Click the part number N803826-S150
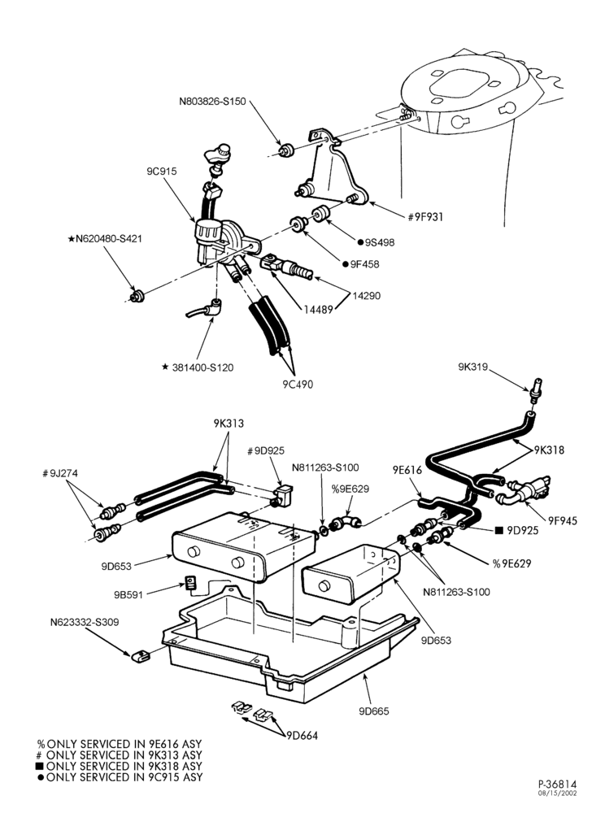(x=212, y=102)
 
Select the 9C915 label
(x=162, y=171)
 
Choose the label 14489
(x=318, y=310)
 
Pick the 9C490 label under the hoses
(x=298, y=385)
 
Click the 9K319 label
(x=473, y=367)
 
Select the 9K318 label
(x=550, y=450)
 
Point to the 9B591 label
(x=128, y=595)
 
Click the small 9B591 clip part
(x=191, y=583)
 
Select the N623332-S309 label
(x=85, y=622)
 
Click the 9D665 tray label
(x=374, y=711)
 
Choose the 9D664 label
(x=302, y=735)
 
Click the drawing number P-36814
(x=557, y=784)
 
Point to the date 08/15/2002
(x=558, y=793)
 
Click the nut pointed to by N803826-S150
(x=285, y=151)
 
